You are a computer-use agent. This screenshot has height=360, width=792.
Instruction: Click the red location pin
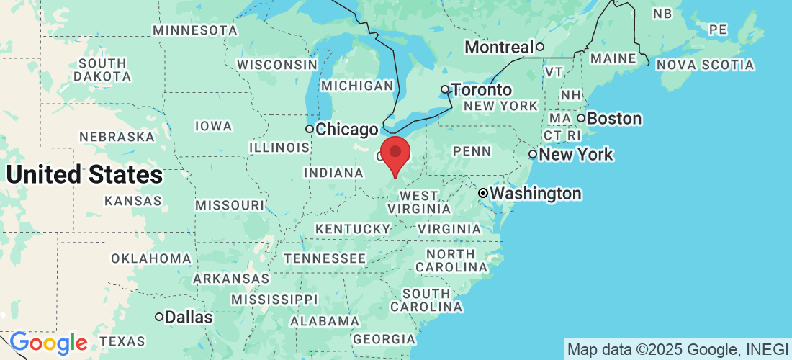point(395,153)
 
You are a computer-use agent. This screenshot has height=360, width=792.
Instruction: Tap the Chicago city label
point(347,130)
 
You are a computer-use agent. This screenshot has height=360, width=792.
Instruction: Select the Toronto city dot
point(445,90)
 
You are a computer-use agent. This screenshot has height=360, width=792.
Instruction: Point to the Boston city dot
point(581,118)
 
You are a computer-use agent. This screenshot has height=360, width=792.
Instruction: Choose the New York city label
point(576,154)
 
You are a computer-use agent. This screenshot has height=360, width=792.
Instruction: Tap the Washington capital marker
point(484,194)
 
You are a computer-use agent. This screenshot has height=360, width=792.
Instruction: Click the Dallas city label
point(189,317)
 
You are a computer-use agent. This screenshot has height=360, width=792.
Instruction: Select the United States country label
point(84,174)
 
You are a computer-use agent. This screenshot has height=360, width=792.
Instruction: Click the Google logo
point(48,343)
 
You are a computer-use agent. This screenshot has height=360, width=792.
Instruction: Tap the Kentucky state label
point(352,229)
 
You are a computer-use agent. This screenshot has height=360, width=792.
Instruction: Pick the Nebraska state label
point(117,136)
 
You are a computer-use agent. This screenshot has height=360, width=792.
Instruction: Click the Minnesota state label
point(195,30)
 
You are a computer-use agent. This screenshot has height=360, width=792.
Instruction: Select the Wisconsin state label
point(277,64)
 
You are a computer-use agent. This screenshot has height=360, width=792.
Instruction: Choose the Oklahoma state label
point(150,258)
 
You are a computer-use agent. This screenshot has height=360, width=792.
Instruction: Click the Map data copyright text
point(677,350)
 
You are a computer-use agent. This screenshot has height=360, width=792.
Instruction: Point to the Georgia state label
point(384,339)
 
